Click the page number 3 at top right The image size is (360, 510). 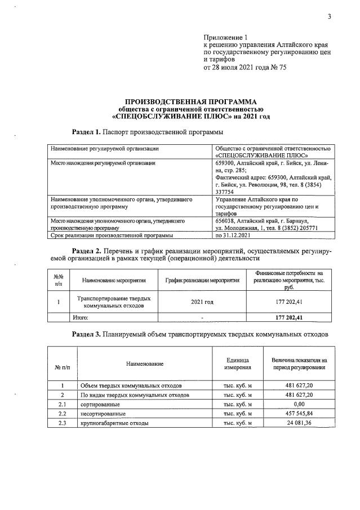click(x=329, y=16)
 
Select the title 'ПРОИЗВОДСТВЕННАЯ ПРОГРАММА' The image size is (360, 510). click(x=186, y=101)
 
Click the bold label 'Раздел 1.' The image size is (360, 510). click(x=86, y=132)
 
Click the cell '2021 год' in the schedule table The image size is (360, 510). click(x=202, y=302)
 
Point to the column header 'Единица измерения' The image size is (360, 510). click(x=237, y=363)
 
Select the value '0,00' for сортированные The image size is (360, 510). click(x=299, y=404)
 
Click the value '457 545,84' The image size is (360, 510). click(x=299, y=413)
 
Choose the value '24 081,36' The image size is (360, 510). click(x=299, y=423)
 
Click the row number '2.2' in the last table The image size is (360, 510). click(x=63, y=413)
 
